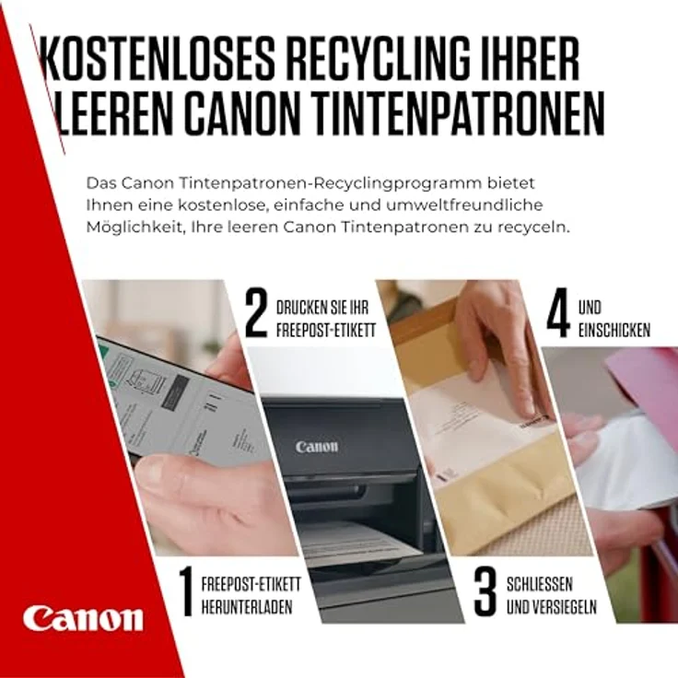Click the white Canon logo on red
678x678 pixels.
tap(83, 617)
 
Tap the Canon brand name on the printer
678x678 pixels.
tap(316, 447)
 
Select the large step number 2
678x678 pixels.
tap(256, 315)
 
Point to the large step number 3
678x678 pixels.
tap(485, 592)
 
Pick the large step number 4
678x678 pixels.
tap(556, 315)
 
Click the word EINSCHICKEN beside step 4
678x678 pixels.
tap(614, 330)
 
